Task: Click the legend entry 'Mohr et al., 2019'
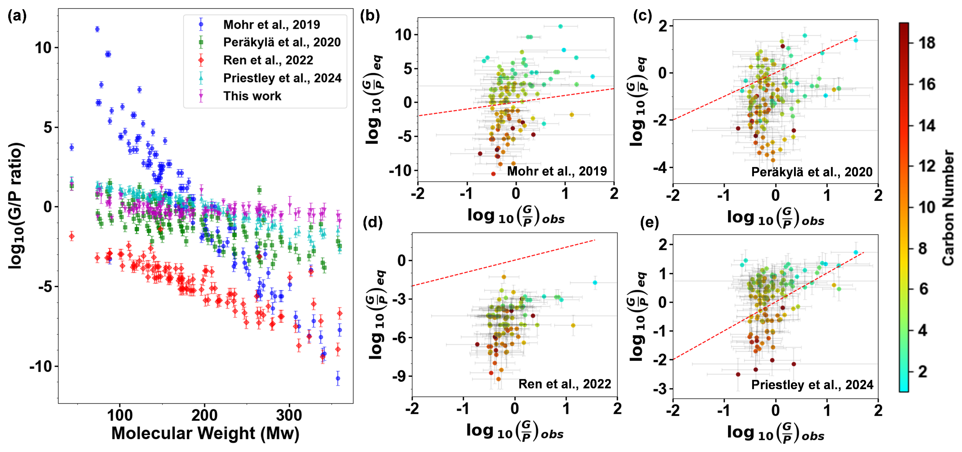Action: click(x=271, y=25)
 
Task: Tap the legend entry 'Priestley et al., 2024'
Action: click(x=282, y=78)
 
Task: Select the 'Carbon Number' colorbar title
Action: click(x=948, y=207)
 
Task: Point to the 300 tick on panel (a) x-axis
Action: click(x=289, y=415)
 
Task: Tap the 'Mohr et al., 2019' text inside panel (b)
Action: click(x=557, y=171)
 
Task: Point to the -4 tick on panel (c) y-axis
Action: click(x=660, y=168)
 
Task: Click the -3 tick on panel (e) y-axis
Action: click(x=660, y=389)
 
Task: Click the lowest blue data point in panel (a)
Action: click(x=338, y=379)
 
